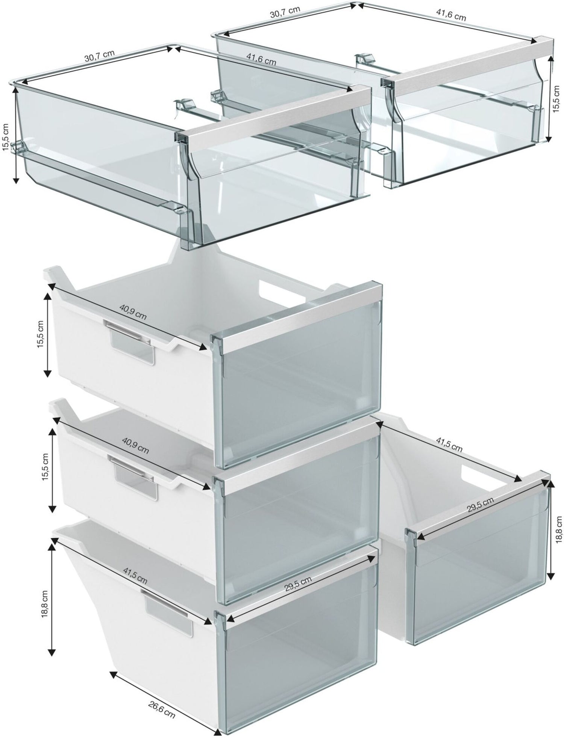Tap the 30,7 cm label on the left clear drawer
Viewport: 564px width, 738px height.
(99, 56)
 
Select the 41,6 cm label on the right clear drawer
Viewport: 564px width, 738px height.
(451, 14)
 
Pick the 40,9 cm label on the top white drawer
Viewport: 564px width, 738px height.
(133, 311)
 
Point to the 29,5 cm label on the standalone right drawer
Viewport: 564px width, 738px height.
(480, 506)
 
